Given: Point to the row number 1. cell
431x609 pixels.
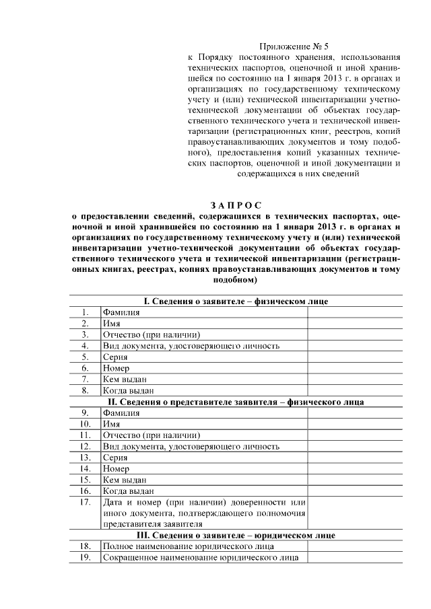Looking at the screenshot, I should pyautogui.click(x=85, y=312).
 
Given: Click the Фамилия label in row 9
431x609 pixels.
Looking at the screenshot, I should pyautogui.click(x=121, y=413).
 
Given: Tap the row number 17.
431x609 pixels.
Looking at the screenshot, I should pyautogui.click(x=85, y=502).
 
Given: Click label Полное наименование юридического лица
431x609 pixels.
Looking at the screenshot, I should pyautogui.click(x=188, y=546).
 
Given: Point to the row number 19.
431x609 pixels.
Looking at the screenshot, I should pyautogui.click(x=85, y=558).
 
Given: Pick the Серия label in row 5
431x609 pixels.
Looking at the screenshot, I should pyautogui.click(x=115, y=357).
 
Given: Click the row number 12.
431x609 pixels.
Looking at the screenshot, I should pyautogui.click(x=85, y=446).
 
